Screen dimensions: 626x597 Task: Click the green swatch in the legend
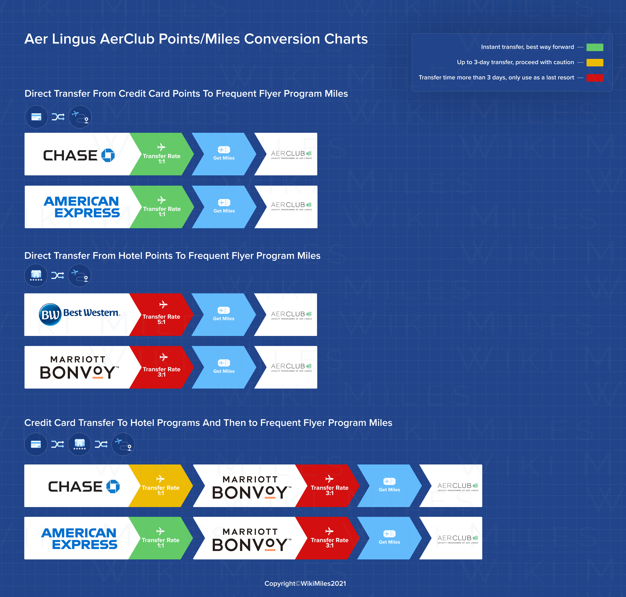pos(595,47)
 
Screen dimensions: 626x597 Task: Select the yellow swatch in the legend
pos(595,63)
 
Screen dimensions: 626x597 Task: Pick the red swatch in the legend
pos(595,78)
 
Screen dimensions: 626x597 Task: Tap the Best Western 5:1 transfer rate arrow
pos(162,314)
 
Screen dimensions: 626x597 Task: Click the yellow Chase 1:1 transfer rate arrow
pos(161,486)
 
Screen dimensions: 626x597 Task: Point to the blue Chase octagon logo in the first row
pos(108,155)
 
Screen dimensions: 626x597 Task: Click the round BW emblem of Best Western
pos(50,314)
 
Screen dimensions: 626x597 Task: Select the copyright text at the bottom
pos(305,583)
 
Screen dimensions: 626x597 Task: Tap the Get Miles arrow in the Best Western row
pos(224,314)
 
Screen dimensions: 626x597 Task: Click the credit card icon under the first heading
pos(36,117)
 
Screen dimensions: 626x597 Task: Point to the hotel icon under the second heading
pos(36,275)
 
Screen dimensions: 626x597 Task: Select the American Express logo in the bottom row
pos(79,538)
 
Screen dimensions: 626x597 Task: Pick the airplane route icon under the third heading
pos(123,444)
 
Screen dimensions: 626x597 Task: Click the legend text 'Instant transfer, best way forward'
pos(527,47)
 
